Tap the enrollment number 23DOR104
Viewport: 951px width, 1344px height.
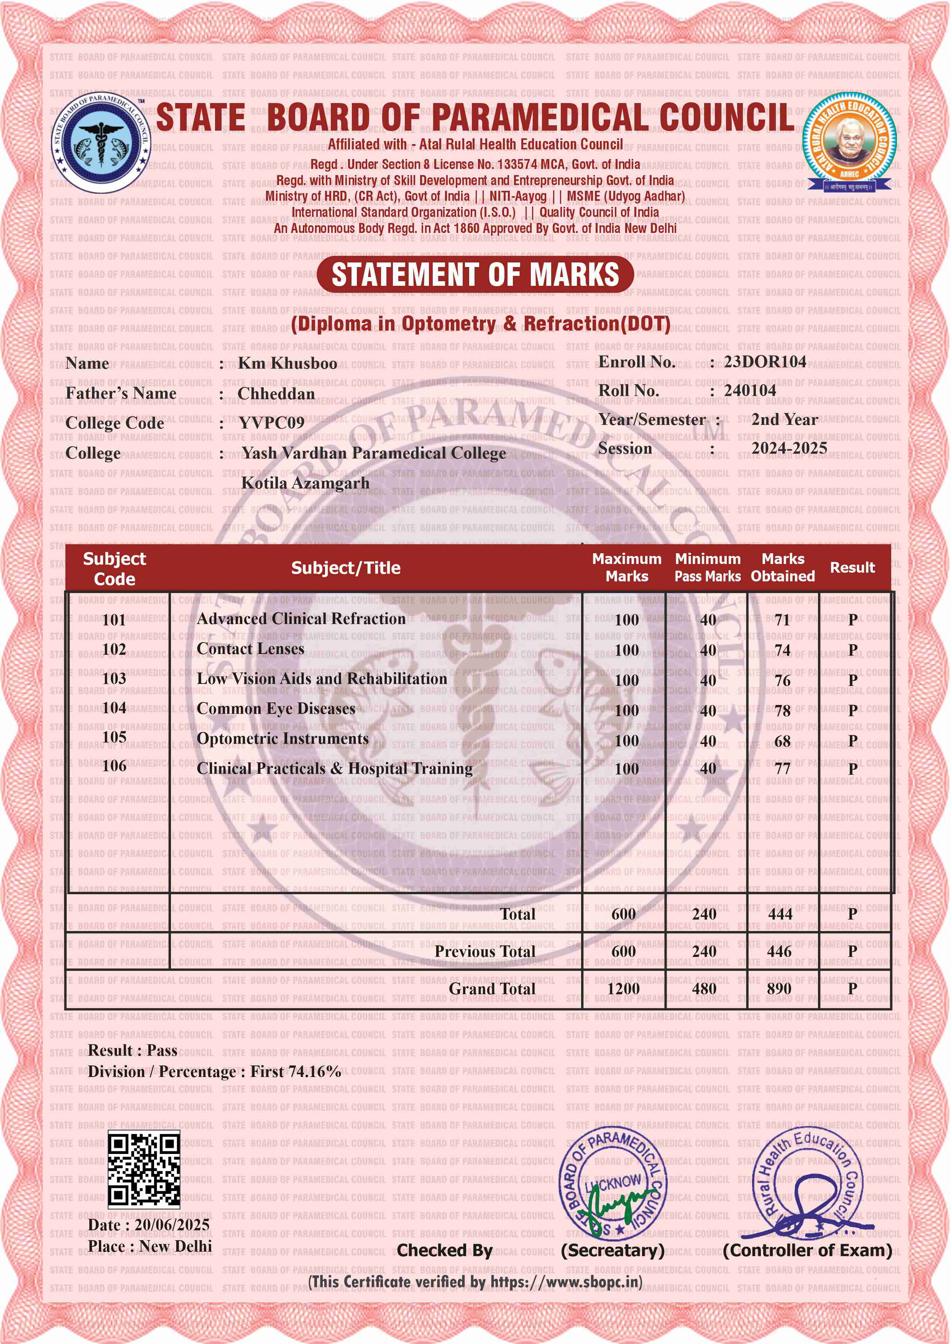pos(765,362)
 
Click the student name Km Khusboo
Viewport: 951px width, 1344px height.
pos(287,364)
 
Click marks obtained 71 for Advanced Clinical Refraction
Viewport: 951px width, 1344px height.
pos(782,620)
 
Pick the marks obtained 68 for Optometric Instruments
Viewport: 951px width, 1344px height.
pos(782,741)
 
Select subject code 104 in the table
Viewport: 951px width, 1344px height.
pos(114,708)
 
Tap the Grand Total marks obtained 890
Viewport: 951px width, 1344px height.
pos(779,989)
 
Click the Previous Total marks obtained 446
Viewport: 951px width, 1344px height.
pos(779,952)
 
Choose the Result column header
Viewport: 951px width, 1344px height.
pos(852,567)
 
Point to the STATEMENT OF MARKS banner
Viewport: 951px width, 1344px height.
pos(475,275)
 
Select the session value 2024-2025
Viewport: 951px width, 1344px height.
pos(789,448)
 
